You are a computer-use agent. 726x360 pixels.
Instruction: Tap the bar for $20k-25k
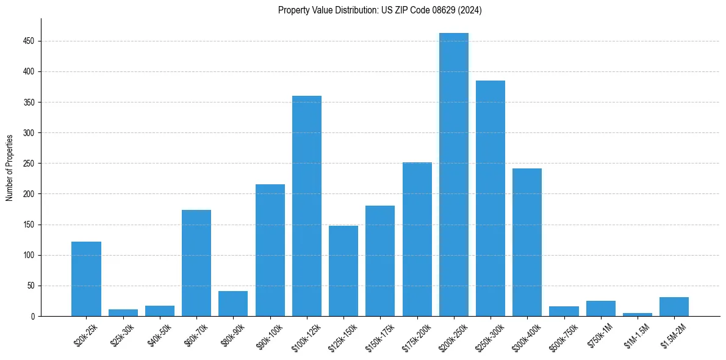86,279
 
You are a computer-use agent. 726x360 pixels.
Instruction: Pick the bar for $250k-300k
491,198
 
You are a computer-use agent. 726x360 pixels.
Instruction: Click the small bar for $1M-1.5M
638,314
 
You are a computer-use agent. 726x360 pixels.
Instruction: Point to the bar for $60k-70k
196,263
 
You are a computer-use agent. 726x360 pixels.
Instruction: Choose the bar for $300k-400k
527,242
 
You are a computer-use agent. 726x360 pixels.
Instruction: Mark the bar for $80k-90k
233,303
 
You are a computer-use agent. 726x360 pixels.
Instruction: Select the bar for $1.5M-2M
674,306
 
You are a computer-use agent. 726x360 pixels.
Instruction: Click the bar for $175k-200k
417,239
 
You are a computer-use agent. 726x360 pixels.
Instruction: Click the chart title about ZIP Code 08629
379,10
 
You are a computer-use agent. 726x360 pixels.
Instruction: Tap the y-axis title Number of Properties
10,167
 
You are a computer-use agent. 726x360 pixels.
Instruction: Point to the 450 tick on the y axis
31,41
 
